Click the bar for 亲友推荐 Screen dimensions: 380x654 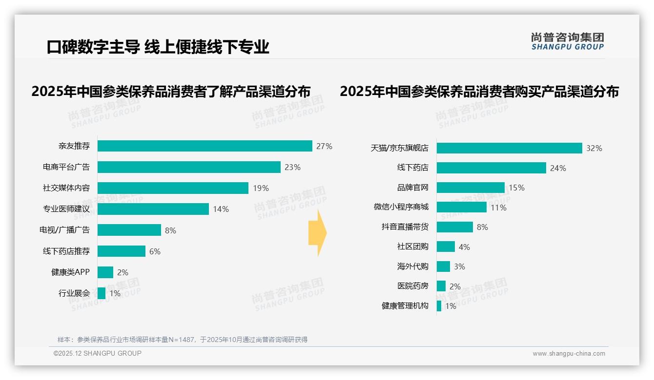click(204, 146)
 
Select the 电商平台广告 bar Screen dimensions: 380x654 click(189, 167)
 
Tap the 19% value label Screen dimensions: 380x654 click(261, 188)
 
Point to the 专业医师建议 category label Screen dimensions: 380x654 click(66, 209)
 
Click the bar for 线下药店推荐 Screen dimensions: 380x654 click(122, 251)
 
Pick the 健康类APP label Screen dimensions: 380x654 click(70, 272)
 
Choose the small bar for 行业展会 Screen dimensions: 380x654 click(102, 293)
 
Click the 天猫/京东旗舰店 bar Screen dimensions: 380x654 click(509, 148)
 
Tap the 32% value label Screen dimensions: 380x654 click(594, 148)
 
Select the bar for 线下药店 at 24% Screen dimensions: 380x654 click(491, 168)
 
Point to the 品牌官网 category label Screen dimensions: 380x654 click(412, 188)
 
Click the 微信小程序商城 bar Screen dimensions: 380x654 click(461, 207)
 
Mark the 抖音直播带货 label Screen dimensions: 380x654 click(405, 227)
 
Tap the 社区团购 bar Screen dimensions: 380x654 click(446, 247)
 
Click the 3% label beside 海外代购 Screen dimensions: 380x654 click(459, 266)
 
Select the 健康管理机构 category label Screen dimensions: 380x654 click(405, 306)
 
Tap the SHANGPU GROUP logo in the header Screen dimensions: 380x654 click(567, 41)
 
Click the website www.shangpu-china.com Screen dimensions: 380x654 click(569, 354)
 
